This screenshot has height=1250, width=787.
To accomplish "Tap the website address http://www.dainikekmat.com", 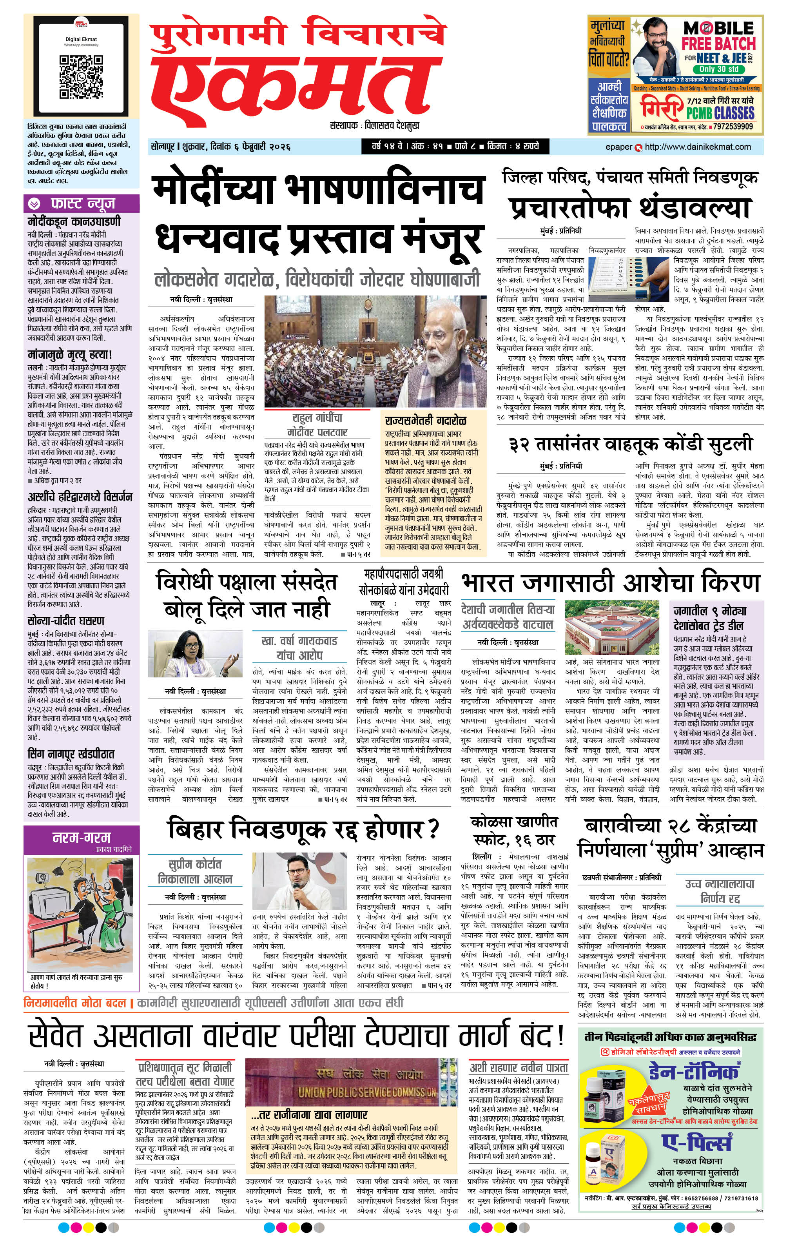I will [697, 147].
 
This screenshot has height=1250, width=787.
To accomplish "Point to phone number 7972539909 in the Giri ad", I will [733, 126].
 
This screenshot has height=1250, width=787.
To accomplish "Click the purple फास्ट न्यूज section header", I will [82, 203].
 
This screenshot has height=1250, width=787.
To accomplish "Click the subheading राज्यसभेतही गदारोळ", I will [426, 420].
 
